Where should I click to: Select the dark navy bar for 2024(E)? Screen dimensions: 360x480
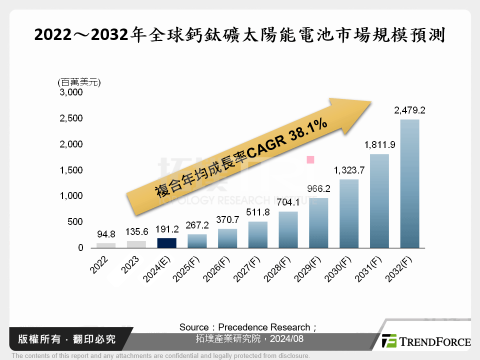pos(166,243)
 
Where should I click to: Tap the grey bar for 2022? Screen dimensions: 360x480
pos(105,245)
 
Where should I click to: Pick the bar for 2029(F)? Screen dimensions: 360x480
pos(318,223)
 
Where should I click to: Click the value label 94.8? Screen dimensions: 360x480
pos(105,234)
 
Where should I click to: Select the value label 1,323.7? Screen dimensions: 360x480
pos(348,170)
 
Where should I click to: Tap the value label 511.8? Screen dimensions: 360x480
pos(257,212)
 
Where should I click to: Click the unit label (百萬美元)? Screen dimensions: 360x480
pos(79,81)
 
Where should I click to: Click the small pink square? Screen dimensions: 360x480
pos(310,160)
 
